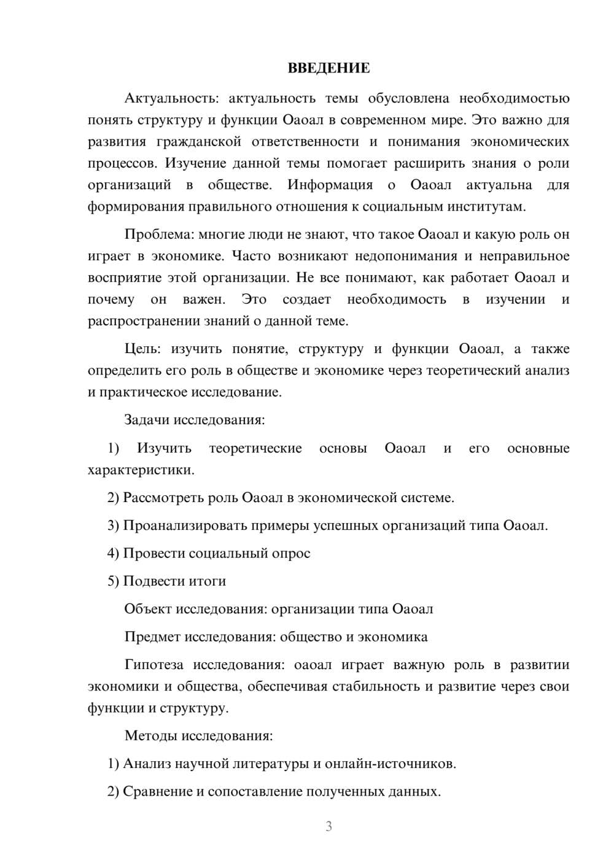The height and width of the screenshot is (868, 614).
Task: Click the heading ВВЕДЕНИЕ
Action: coord(328,68)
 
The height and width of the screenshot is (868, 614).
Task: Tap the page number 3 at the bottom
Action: coord(328,826)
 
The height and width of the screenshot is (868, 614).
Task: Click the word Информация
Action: coord(330,185)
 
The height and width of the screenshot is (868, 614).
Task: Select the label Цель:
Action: coord(142,349)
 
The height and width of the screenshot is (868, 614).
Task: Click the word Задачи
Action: coord(147,420)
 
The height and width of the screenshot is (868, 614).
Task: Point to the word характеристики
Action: coord(141,470)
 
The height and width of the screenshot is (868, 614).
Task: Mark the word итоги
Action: coord(208,581)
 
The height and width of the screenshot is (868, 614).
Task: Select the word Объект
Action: coord(148,609)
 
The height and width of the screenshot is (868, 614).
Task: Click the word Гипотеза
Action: coord(155,665)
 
